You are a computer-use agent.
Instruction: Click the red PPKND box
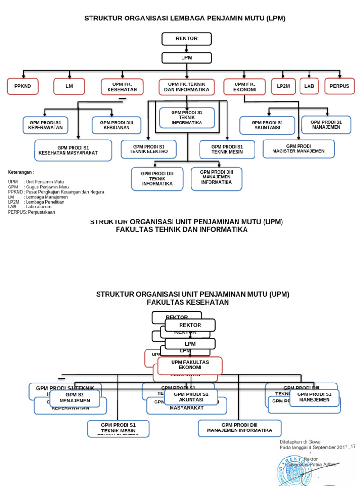pos(22,87)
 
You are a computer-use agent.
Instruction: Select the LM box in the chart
pos(69,87)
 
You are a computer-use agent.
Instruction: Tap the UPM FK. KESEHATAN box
pos(119,87)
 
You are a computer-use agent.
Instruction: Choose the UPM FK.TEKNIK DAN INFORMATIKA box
pos(187,87)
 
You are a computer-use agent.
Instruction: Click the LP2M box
pos(283,87)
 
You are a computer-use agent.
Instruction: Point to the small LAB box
pos(309,86)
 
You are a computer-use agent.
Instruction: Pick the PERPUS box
pos(339,86)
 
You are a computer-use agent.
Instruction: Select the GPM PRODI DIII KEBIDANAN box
pos(117,125)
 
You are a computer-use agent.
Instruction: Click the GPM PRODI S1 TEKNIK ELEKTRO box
pos(149,149)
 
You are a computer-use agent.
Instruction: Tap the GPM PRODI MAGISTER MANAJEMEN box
pos(299,149)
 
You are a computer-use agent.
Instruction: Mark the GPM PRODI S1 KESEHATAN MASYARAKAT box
pos(73,150)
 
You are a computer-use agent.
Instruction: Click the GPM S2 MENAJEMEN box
pos(75,398)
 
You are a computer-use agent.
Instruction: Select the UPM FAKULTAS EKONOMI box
pos(190,365)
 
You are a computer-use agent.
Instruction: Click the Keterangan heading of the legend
pos(21,172)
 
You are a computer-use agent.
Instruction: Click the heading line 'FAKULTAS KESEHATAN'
pos(188,302)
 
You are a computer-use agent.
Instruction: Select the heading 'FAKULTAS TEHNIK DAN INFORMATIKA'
pos(182,230)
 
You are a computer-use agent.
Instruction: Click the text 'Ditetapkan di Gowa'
pos(300,441)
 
